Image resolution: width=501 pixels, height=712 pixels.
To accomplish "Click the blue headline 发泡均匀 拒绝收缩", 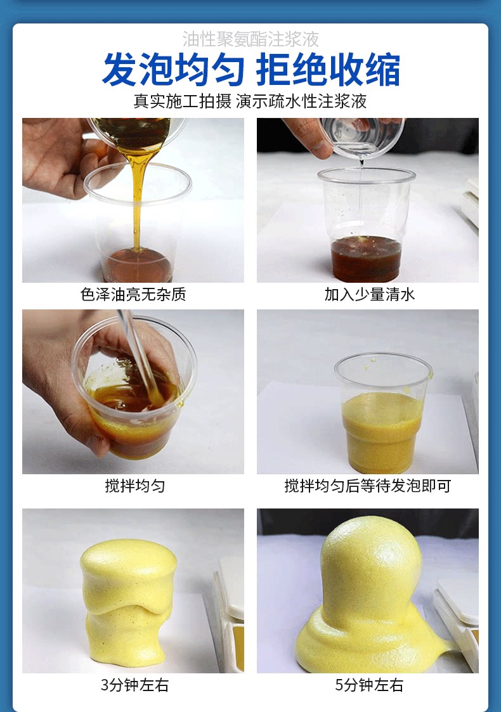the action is click(251, 70).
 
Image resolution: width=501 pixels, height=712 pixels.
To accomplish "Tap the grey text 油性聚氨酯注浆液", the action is click(251, 39).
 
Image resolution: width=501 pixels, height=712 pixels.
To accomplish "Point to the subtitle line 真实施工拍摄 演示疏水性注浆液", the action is click(251, 101).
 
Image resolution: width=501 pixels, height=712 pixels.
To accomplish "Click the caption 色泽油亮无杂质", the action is click(133, 294).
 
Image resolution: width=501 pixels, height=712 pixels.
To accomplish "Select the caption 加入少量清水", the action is click(369, 294).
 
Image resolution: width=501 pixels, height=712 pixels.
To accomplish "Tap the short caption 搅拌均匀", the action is click(135, 486).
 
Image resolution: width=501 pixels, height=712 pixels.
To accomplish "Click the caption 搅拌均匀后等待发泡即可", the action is click(367, 486).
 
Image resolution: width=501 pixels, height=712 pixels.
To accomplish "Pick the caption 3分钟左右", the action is click(134, 685).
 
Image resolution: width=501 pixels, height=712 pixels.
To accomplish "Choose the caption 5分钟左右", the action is click(369, 685).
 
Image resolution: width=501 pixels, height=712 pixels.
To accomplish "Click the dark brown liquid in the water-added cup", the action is click(367, 259).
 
